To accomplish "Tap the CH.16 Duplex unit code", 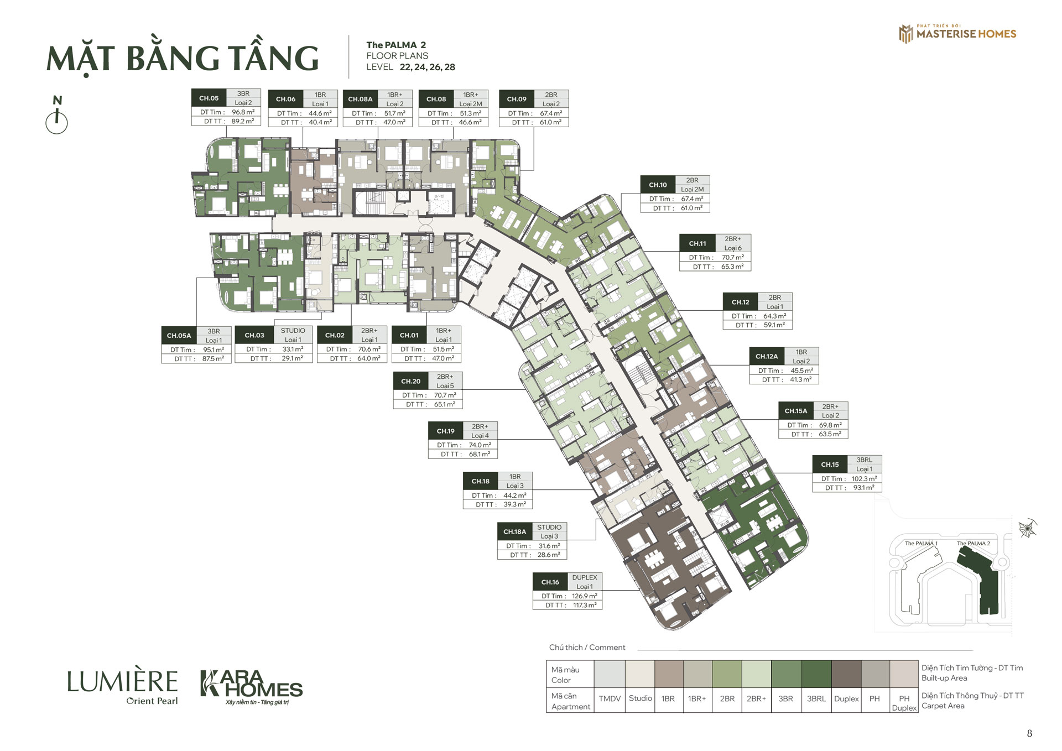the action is coord(550,582).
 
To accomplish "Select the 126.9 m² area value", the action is coord(585,596).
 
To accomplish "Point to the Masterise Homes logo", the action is coord(957,33).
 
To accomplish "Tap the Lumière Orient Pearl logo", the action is coord(122,687).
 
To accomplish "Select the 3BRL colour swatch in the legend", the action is coord(816,674).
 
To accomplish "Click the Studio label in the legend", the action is coord(640,698).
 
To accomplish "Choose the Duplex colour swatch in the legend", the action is coord(846,674).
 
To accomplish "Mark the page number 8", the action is coord(1029,733).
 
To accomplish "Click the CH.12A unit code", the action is coord(767,357).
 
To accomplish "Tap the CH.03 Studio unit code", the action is coord(254,335).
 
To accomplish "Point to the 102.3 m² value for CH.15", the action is coord(864,479).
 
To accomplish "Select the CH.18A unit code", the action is coord(514,532).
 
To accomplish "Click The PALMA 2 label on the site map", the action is coord(973,544).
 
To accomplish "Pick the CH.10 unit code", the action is coord(658,185).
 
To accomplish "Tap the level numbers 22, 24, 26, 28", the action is coord(428,67).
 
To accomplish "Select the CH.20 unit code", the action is coord(410,382).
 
